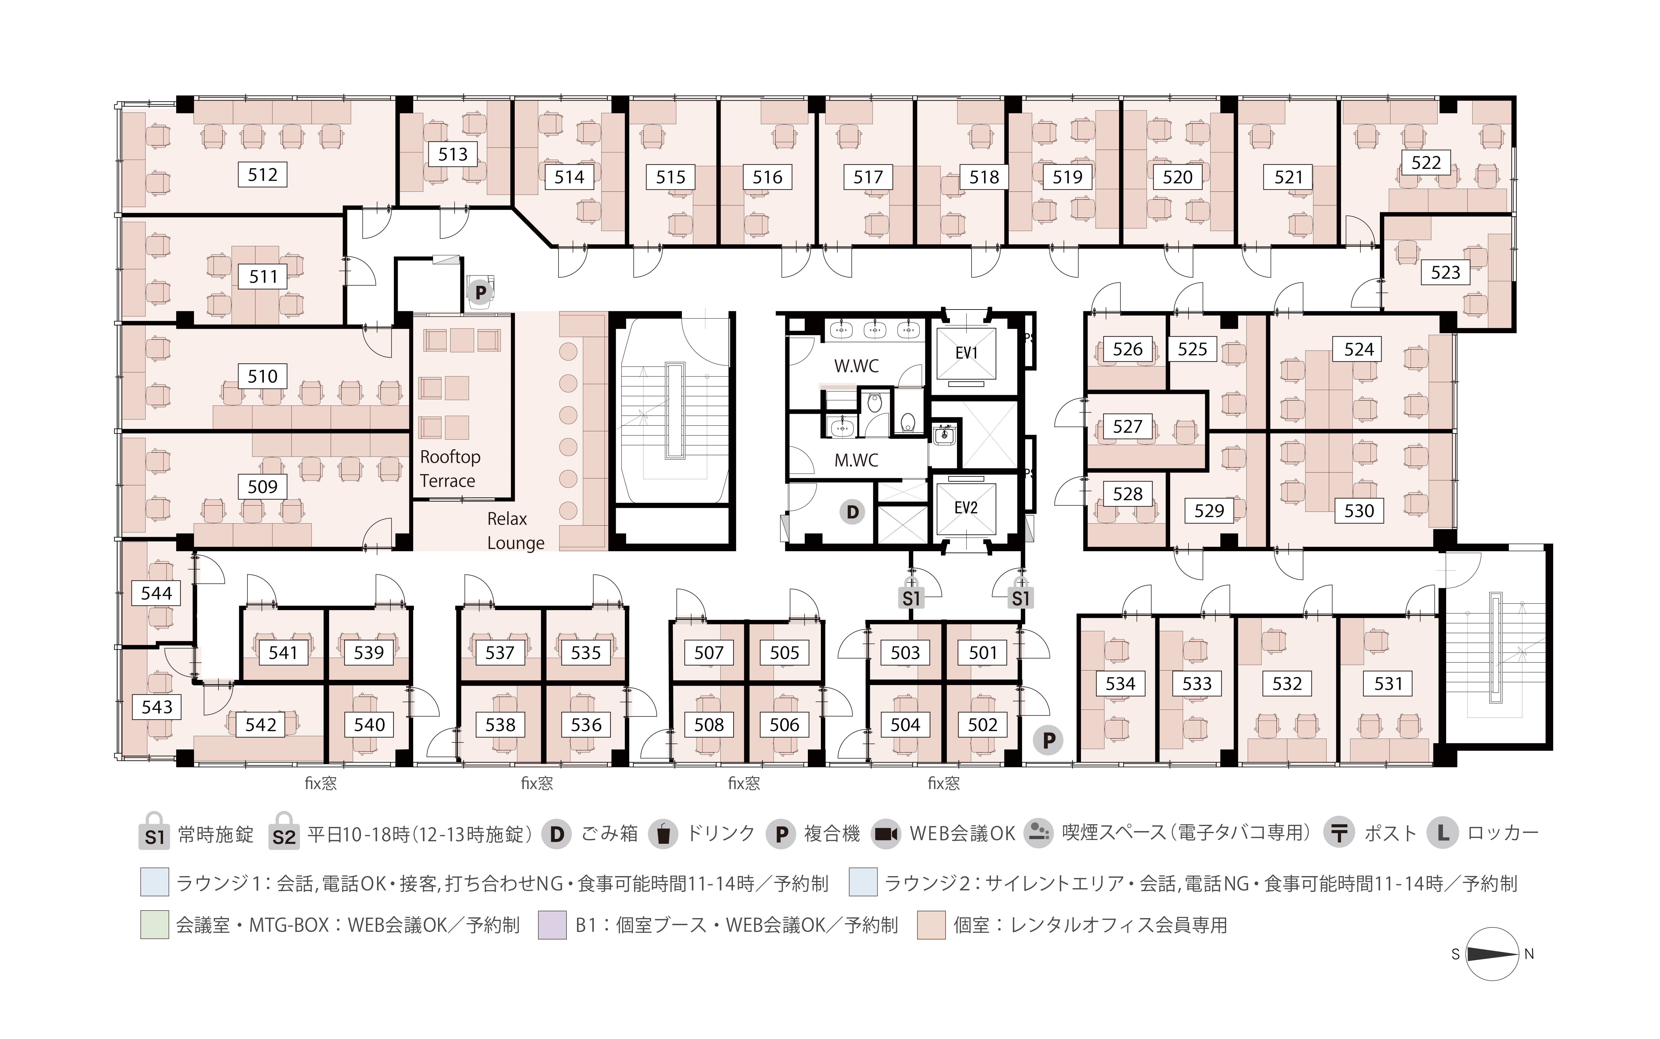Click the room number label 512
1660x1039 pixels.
tap(263, 175)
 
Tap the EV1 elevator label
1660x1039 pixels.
tap(966, 353)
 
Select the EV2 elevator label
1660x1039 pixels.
tap(966, 508)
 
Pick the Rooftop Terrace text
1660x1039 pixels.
tap(450, 469)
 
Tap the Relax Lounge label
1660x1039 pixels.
tap(515, 531)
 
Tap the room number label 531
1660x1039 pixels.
tap(1388, 684)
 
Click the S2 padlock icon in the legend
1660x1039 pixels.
tap(284, 832)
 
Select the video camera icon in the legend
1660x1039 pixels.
tap(886, 834)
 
